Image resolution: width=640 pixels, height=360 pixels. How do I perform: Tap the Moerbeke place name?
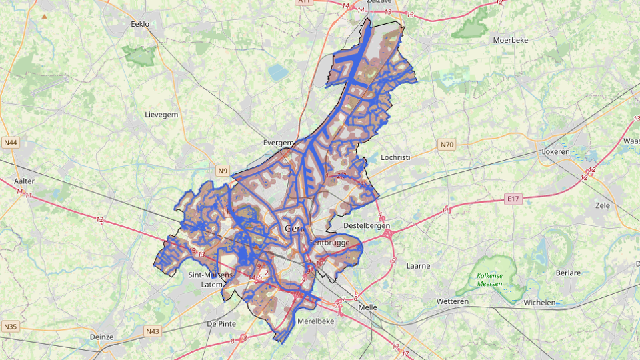point(510,40)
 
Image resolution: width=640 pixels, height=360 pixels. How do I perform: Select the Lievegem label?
point(161,115)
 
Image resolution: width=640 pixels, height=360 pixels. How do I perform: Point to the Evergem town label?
point(278,143)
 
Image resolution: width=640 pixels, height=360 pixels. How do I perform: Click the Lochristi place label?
point(395,157)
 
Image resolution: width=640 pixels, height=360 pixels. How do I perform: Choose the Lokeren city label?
point(556,151)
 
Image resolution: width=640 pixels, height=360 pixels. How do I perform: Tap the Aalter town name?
point(25,181)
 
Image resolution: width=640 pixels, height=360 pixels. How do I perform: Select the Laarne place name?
point(418,265)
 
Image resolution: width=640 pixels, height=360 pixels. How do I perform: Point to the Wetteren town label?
point(453,301)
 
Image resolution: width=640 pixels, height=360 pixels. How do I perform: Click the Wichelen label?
point(539,302)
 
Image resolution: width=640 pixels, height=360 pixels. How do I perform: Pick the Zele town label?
point(603,205)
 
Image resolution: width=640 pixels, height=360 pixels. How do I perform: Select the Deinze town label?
point(101,337)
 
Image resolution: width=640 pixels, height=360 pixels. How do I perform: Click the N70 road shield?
point(447,145)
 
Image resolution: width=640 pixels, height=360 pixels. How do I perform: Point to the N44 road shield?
point(11,143)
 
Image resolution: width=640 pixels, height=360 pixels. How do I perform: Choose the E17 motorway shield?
point(512,199)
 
